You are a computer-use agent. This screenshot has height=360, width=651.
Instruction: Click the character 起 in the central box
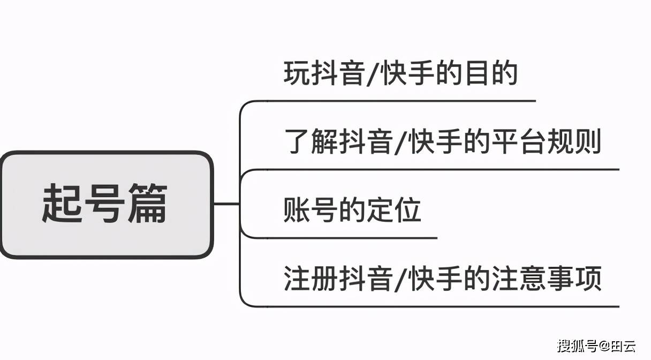[x=62, y=203]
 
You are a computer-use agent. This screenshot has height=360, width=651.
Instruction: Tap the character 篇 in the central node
[x=148, y=203]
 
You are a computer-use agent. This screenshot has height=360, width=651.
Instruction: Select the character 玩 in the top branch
[x=297, y=73]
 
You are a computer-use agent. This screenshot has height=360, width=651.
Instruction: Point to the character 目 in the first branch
[x=476, y=73]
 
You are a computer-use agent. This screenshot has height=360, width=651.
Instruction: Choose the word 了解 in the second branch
[x=311, y=141]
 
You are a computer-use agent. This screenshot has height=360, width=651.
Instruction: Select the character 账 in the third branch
[x=297, y=210]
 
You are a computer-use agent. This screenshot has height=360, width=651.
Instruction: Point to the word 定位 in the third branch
[x=394, y=210]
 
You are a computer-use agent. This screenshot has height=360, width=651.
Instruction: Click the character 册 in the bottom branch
[x=324, y=278]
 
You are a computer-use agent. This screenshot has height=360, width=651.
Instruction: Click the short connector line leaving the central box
[x=226, y=204]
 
